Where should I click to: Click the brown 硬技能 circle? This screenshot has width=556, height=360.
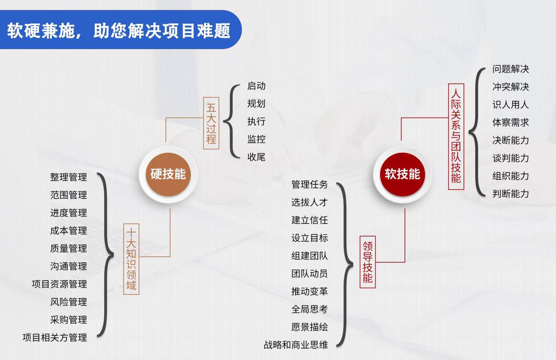168,174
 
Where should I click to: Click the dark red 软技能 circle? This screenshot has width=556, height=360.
402,174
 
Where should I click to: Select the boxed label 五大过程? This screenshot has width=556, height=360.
211,123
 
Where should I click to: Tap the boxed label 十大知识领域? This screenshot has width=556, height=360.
131,259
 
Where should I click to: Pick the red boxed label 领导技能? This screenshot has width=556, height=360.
368,262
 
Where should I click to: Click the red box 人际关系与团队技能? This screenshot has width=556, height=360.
456,137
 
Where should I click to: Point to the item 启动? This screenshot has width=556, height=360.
257,86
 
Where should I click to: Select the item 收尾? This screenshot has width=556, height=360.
257,157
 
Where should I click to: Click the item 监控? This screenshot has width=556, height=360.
257,139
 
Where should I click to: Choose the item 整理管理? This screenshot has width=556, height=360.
69,177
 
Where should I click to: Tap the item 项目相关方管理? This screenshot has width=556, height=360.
55,337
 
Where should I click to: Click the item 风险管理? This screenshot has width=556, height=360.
69,302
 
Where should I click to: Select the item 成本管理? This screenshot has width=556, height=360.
69,231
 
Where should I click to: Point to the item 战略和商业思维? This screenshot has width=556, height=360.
296,345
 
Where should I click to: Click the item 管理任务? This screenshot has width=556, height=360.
309,184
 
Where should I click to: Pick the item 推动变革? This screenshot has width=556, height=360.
309,291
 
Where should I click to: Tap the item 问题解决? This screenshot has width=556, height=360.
510,69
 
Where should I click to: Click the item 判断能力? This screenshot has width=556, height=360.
510,194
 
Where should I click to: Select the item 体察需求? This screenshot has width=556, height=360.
510,122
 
